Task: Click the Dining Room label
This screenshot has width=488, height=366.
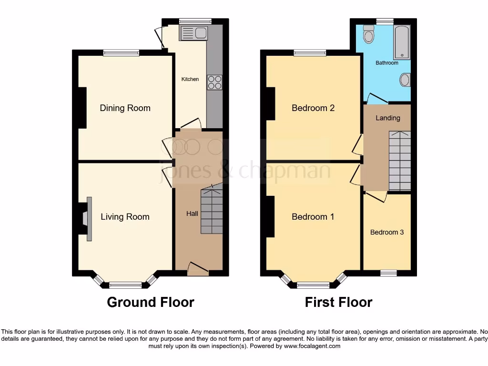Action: (125, 108)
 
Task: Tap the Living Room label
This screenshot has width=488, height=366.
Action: (125, 217)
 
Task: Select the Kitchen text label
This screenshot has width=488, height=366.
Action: (190, 79)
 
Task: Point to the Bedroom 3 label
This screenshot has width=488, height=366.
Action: (387, 232)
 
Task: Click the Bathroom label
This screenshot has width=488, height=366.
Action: (386, 63)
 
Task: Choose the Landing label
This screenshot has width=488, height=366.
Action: (388, 118)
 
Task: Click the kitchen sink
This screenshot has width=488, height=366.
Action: (193, 33)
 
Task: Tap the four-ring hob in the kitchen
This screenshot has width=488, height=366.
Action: (214, 82)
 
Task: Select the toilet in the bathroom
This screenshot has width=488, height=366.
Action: (368, 34)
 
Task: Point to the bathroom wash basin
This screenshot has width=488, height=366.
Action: (405, 80)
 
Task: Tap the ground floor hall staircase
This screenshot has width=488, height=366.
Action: (212, 210)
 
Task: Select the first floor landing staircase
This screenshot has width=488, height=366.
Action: (399, 161)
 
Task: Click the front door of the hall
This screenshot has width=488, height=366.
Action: (198, 270)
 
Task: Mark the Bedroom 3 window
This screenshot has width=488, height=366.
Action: (388, 273)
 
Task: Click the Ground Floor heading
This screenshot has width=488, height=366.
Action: (150, 302)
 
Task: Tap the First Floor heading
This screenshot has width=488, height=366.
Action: (338, 302)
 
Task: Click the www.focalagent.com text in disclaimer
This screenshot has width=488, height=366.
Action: (312, 346)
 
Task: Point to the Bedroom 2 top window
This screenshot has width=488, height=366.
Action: (310, 53)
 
